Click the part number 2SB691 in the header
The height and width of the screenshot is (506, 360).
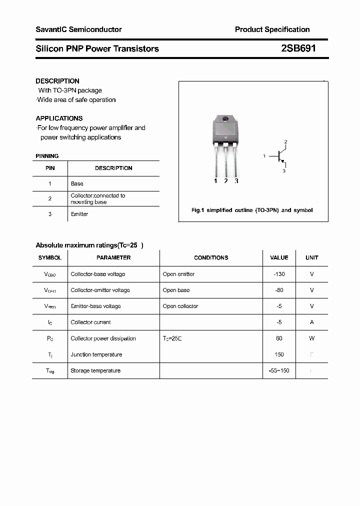click(x=298, y=48)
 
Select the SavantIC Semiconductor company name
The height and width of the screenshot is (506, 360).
click(x=78, y=29)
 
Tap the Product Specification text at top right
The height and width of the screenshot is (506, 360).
click(x=272, y=29)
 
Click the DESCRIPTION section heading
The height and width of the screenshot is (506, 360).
click(x=57, y=81)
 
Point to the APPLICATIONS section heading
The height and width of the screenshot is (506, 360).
click(x=59, y=118)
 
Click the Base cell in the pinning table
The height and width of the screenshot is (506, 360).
click(x=77, y=183)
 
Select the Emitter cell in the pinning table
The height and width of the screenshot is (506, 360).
click(x=79, y=214)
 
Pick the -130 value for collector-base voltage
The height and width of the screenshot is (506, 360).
click(x=279, y=274)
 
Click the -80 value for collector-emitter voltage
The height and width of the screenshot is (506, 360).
click(x=279, y=290)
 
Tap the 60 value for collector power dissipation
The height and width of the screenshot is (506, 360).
click(x=279, y=338)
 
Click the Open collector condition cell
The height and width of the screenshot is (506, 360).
click(x=180, y=306)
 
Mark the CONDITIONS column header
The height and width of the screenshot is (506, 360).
click(x=211, y=257)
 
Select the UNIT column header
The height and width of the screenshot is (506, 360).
click(x=312, y=257)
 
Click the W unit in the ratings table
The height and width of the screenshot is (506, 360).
click(x=312, y=338)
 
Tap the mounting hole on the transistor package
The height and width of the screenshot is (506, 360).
click(x=225, y=119)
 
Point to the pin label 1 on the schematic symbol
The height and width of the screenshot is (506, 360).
click(x=264, y=156)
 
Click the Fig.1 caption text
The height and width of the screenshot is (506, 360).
click(x=252, y=210)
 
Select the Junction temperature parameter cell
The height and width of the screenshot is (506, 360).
click(x=96, y=354)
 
